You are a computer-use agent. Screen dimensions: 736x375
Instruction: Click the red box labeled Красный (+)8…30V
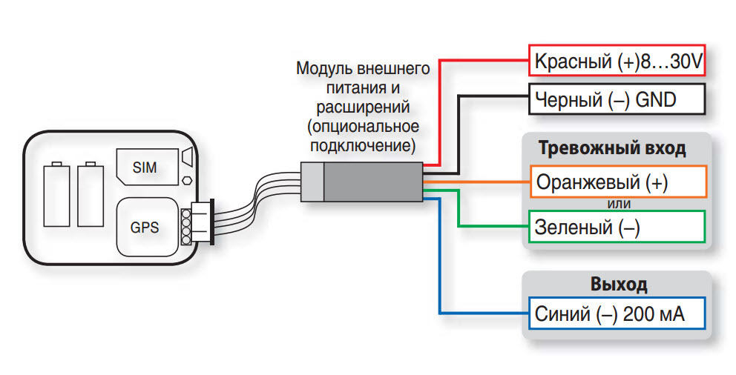(x=617, y=61)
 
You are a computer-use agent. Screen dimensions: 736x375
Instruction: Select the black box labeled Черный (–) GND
(x=617, y=99)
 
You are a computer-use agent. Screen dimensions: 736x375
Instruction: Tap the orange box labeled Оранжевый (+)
(x=618, y=182)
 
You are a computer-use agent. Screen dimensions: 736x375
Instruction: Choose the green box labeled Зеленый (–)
(x=617, y=227)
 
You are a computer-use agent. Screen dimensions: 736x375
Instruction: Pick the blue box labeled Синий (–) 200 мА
(x=617, y=313)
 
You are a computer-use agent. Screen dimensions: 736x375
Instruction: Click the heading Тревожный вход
(x=612, y=148)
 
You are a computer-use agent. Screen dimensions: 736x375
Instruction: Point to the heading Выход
(x=619, y=284)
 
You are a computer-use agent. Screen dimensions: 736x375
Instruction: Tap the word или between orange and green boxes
(x=619, y=204)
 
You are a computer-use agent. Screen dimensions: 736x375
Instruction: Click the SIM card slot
(x=147, y=167)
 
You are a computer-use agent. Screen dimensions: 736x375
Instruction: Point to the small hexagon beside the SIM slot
(x=187, y=179)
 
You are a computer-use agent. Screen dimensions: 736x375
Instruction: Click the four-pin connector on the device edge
(x=197, y=222)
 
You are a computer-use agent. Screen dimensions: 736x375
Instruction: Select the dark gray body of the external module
(x=374, y=182)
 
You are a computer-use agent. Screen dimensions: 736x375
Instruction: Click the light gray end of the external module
(x=312, y=182)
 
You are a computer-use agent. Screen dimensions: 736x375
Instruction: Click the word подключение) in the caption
(x=363, y=146)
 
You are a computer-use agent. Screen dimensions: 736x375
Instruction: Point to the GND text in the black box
(x=655, y=99)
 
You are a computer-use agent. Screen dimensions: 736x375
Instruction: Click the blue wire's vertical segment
(x=439, y=256)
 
